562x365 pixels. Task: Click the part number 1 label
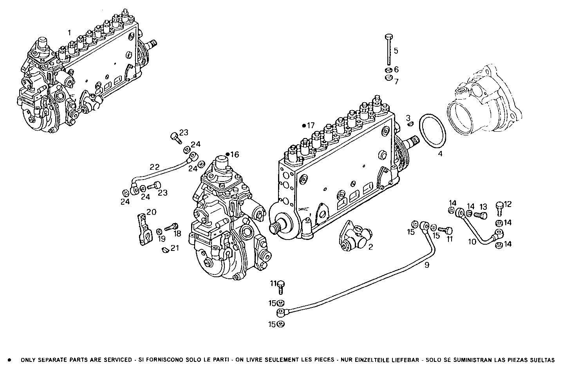(x=69, y=33)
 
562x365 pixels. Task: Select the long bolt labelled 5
(x=389, y=50)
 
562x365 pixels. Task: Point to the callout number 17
(x=311, y=125)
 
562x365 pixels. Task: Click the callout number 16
(x=234, y=154)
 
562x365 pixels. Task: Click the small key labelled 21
(x=165, y=249)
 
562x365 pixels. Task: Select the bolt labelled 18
(x=171, y=227)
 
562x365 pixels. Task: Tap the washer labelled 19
(x=159, y=231)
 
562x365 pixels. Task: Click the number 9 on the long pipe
(x=427, y=265)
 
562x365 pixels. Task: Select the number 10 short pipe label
(x=472, y=242)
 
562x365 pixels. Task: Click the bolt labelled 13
(x=481, y=215)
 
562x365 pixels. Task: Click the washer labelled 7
(x=389, y=78)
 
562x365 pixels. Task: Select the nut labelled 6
(x=389, y=70)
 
